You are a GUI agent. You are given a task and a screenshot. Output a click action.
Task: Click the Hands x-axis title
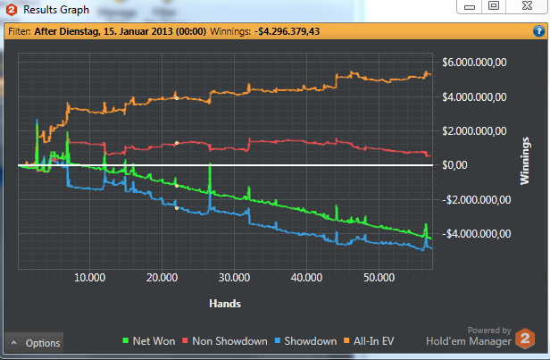click(x=224, y=303)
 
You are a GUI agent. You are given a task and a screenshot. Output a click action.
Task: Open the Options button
click(x=36, y=342)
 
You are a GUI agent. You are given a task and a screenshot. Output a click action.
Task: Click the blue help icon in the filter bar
click(x=539, y=31)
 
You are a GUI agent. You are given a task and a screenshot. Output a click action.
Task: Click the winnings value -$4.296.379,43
click(x=287, y=31)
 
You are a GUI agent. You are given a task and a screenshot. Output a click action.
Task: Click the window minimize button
click(x=469, y=6)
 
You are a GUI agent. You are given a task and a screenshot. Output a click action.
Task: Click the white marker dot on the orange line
click(x=177, y=96)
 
